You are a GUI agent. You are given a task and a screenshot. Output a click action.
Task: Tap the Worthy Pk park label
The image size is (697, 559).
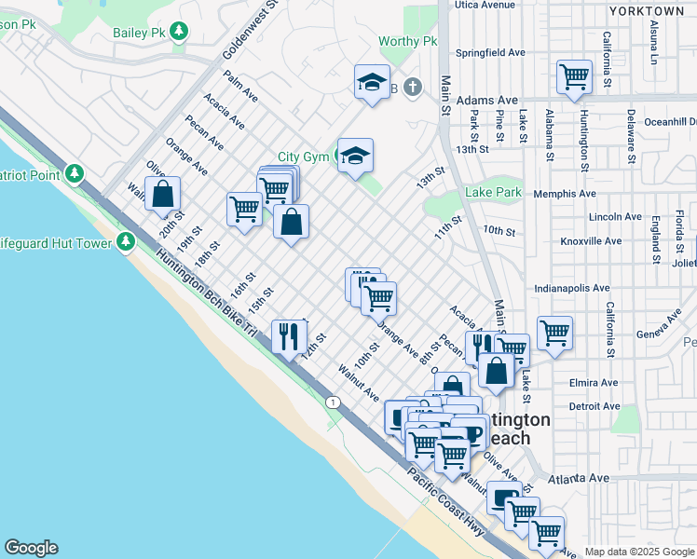[x=408, y=42]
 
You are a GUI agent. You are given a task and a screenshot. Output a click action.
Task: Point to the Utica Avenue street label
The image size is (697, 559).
[x=485, y=5]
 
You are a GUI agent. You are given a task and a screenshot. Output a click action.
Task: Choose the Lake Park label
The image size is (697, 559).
[x=493, y=193]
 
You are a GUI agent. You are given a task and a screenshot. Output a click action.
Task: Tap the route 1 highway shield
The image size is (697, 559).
[x=332, y=402]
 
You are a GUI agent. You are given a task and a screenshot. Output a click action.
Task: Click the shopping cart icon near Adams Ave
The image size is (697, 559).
[x=574, y=77]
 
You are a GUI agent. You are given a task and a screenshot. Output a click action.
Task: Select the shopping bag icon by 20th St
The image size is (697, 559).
[x=162, y=194]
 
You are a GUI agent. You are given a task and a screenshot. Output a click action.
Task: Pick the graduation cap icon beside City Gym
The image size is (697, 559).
[x=354, y=156]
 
